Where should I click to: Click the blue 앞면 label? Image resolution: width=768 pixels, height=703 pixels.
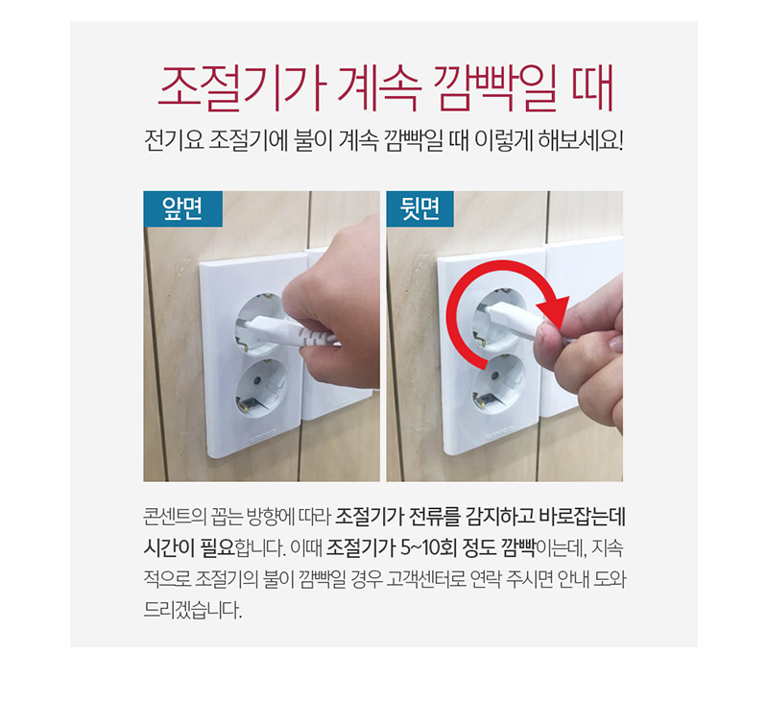(182, 208)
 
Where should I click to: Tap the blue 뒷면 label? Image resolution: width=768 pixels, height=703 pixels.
(420, 208)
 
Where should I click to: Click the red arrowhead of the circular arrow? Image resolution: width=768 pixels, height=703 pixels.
(554, 311)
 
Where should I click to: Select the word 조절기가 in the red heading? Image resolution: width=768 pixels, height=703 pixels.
(243, 88)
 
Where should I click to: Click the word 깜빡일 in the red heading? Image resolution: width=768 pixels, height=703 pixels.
(495, 88)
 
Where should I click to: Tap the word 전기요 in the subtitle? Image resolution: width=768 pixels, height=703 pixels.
(174, 140)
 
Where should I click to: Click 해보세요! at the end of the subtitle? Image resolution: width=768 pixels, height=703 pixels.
(581, 140)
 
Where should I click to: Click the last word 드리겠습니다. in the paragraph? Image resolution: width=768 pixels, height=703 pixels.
(193, 610)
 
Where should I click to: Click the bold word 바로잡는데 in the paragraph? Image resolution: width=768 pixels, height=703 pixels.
(582, 518)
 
